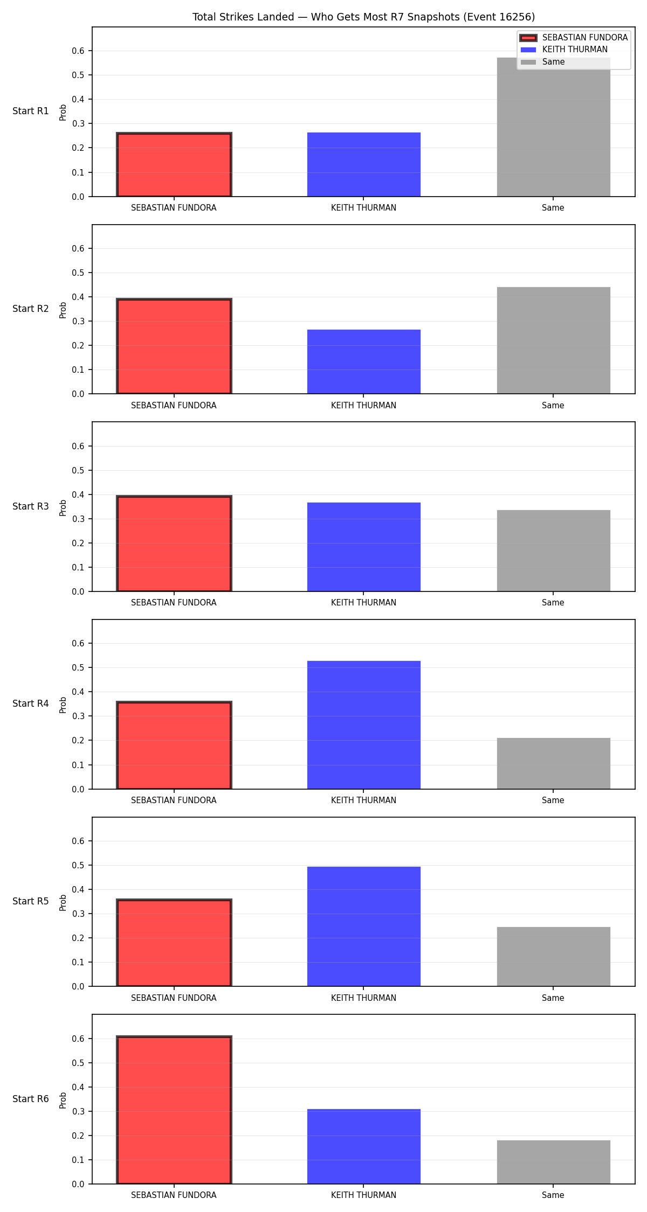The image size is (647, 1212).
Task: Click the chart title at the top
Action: coord(363,17)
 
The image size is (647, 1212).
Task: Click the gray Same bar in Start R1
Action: coord(553,127)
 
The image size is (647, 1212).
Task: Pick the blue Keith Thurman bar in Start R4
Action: coord(364,725)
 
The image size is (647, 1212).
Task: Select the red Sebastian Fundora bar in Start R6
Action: coord(174,1110)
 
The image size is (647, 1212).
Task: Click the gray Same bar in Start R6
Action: coord(553,1162)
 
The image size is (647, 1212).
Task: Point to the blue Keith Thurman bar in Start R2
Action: coord(364,361)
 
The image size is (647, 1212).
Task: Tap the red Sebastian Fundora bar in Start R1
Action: coord(174,165)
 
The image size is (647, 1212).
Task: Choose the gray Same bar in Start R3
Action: coord(553,551)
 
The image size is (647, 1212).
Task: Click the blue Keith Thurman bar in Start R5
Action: coord(364,927)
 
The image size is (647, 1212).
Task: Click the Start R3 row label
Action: coord(31,506)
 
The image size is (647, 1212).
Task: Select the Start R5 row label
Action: coord(31,901)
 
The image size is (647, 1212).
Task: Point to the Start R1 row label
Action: coord(31,111)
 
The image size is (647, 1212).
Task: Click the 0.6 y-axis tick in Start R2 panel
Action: coord(78,248)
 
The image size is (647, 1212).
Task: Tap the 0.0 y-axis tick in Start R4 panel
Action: coord(78,789)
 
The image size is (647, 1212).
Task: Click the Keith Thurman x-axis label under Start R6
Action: coord(363,1195)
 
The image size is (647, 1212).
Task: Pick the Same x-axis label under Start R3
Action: coord(553,603)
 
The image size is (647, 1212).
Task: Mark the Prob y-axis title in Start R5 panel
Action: coord(63,902)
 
